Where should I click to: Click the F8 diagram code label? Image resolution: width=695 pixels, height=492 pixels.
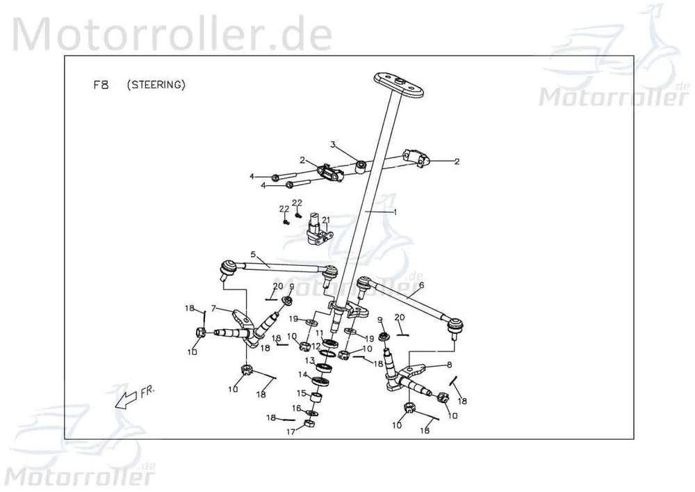tap(101, 85)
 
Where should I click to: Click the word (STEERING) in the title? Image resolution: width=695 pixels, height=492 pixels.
tap(156, 85)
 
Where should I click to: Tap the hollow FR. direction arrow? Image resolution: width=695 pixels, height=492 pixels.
tap(126, 399)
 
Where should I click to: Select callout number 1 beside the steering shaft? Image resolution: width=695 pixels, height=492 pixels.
tap(395, 212)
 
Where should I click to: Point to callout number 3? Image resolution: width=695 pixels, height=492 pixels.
tap(333, 145)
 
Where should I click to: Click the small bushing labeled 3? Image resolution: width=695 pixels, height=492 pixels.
tap(361, 168)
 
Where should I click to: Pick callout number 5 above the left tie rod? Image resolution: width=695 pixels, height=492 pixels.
tap(253, 255)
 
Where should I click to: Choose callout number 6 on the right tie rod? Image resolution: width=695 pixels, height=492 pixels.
tap(421, 285)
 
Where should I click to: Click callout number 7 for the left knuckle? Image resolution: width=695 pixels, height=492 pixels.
tap(213, 308)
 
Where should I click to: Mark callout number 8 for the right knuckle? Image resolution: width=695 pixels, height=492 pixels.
tap(450, 365)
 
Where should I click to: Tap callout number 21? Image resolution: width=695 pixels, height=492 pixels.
tap(326, 220)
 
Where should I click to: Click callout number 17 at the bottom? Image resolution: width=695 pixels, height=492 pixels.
tap(291, 431)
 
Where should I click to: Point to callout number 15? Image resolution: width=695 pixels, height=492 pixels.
tap(302, 393)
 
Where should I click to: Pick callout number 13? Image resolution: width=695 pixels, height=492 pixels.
tap(309, 360)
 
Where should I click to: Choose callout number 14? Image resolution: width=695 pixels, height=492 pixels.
tap(302, 375)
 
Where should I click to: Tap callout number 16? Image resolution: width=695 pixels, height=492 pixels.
tap(296, 408)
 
